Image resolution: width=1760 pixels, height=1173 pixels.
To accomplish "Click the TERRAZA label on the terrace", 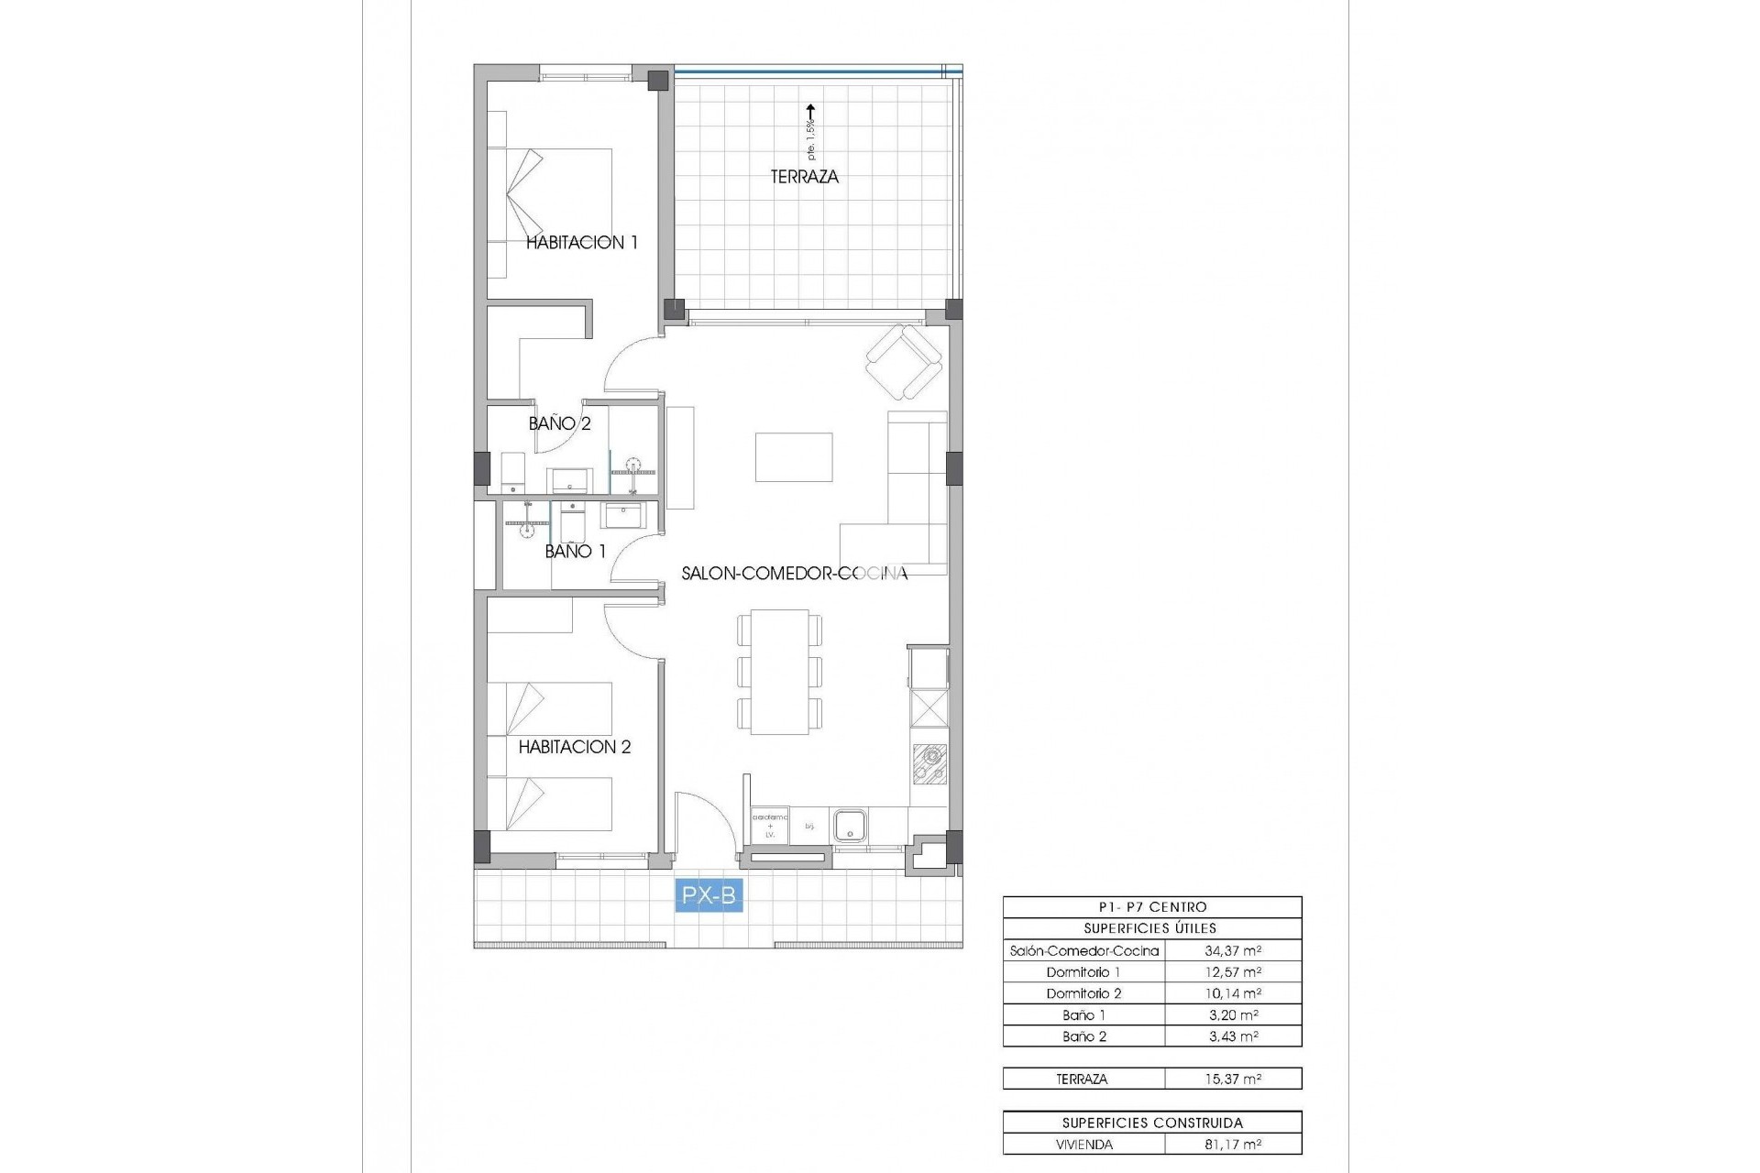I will coord(804,177).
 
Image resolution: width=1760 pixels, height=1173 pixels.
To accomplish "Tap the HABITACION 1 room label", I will coord(581,243).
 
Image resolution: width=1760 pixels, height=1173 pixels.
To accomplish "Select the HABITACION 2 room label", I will coord(575,747).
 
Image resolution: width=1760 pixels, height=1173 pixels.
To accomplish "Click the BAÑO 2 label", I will coord(559,423).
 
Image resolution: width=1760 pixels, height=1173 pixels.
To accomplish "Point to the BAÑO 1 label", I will coord(575,552).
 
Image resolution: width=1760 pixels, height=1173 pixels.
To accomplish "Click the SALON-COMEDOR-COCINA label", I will coord(794,574).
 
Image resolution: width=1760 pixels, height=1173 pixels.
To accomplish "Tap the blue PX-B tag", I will coord(709,895).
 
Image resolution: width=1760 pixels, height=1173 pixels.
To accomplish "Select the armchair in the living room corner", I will coord(905,363).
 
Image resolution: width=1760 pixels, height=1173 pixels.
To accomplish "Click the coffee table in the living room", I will coord(794,456).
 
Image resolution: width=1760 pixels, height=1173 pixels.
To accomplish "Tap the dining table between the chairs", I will coord(779,672).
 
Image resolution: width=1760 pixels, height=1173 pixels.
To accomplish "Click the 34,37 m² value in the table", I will coord(1233,951).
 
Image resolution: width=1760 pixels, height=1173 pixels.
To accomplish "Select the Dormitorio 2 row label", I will coord(1083,994).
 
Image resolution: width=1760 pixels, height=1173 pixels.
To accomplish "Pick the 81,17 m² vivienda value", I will coord(1233,1145).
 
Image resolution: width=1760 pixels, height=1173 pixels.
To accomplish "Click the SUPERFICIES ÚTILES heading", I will coord(1151,928).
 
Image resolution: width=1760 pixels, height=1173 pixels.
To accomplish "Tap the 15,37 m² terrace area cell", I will coord(1233,1080).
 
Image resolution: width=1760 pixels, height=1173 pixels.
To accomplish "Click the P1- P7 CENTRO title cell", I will coord(1151,907).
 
